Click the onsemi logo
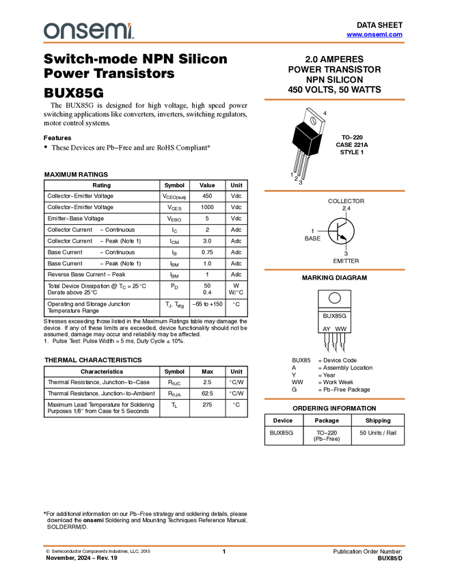pos(88,31)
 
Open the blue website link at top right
pos(375,34)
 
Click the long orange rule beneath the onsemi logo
pos(224,42)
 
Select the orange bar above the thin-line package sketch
pos(334,100)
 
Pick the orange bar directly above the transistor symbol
pos(334,191)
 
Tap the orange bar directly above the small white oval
pos(334,270)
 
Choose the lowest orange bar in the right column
pos(334,398)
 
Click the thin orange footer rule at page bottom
pos(224,545)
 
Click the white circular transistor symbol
pos(340,231)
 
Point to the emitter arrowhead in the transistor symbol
pos(346,239)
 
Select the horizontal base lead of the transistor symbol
pos(333,231)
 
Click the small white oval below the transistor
pos(335,298)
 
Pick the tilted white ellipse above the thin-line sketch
pos(313,121)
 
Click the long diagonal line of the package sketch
pos(303,132)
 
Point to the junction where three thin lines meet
pos(312,139)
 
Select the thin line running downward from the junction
pos(310,148)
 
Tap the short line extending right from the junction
pos(316,137)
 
